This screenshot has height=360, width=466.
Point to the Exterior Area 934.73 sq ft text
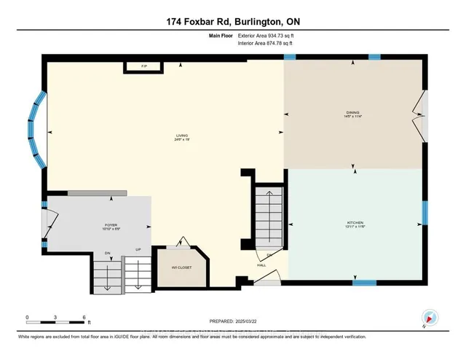pyautogui.click(x=266, y=35)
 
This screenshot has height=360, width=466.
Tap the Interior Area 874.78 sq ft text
pyautogui.click(x=265, y=44)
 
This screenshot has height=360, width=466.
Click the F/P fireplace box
pyautogui.click(x=143, y=67)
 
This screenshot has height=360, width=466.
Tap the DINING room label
pyautogui.click(x=353, y=114)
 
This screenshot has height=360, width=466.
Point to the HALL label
pyautogui.click(x=260, y=266)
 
